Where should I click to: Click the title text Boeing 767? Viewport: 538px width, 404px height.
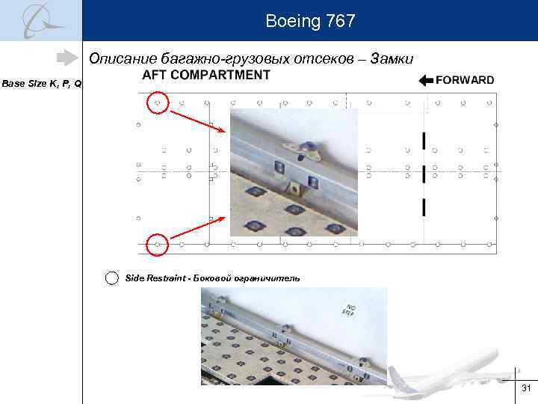coord(309,22)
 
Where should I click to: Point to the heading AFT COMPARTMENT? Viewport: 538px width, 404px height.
coord(205,75)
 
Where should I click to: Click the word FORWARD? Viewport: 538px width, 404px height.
coord(464,80)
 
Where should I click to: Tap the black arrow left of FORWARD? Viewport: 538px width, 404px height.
coord(426,81)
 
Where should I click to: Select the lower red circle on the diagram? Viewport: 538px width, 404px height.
coord(157,244)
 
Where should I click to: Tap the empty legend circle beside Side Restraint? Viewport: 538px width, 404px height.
coord(111,278)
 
